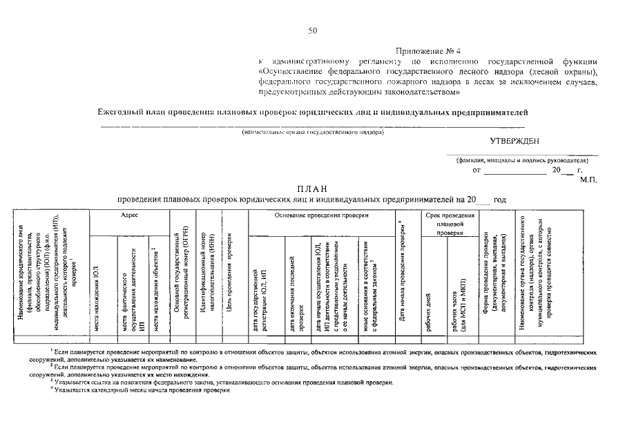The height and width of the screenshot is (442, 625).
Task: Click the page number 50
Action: coord(313,30)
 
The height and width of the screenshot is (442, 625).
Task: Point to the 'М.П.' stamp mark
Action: coord(588,179)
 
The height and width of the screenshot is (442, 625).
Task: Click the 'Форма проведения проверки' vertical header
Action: coord(491,273)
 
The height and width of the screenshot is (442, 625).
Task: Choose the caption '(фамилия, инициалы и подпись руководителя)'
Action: coord(521,160)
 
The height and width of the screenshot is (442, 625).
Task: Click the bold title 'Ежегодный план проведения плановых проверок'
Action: coord(312,111)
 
